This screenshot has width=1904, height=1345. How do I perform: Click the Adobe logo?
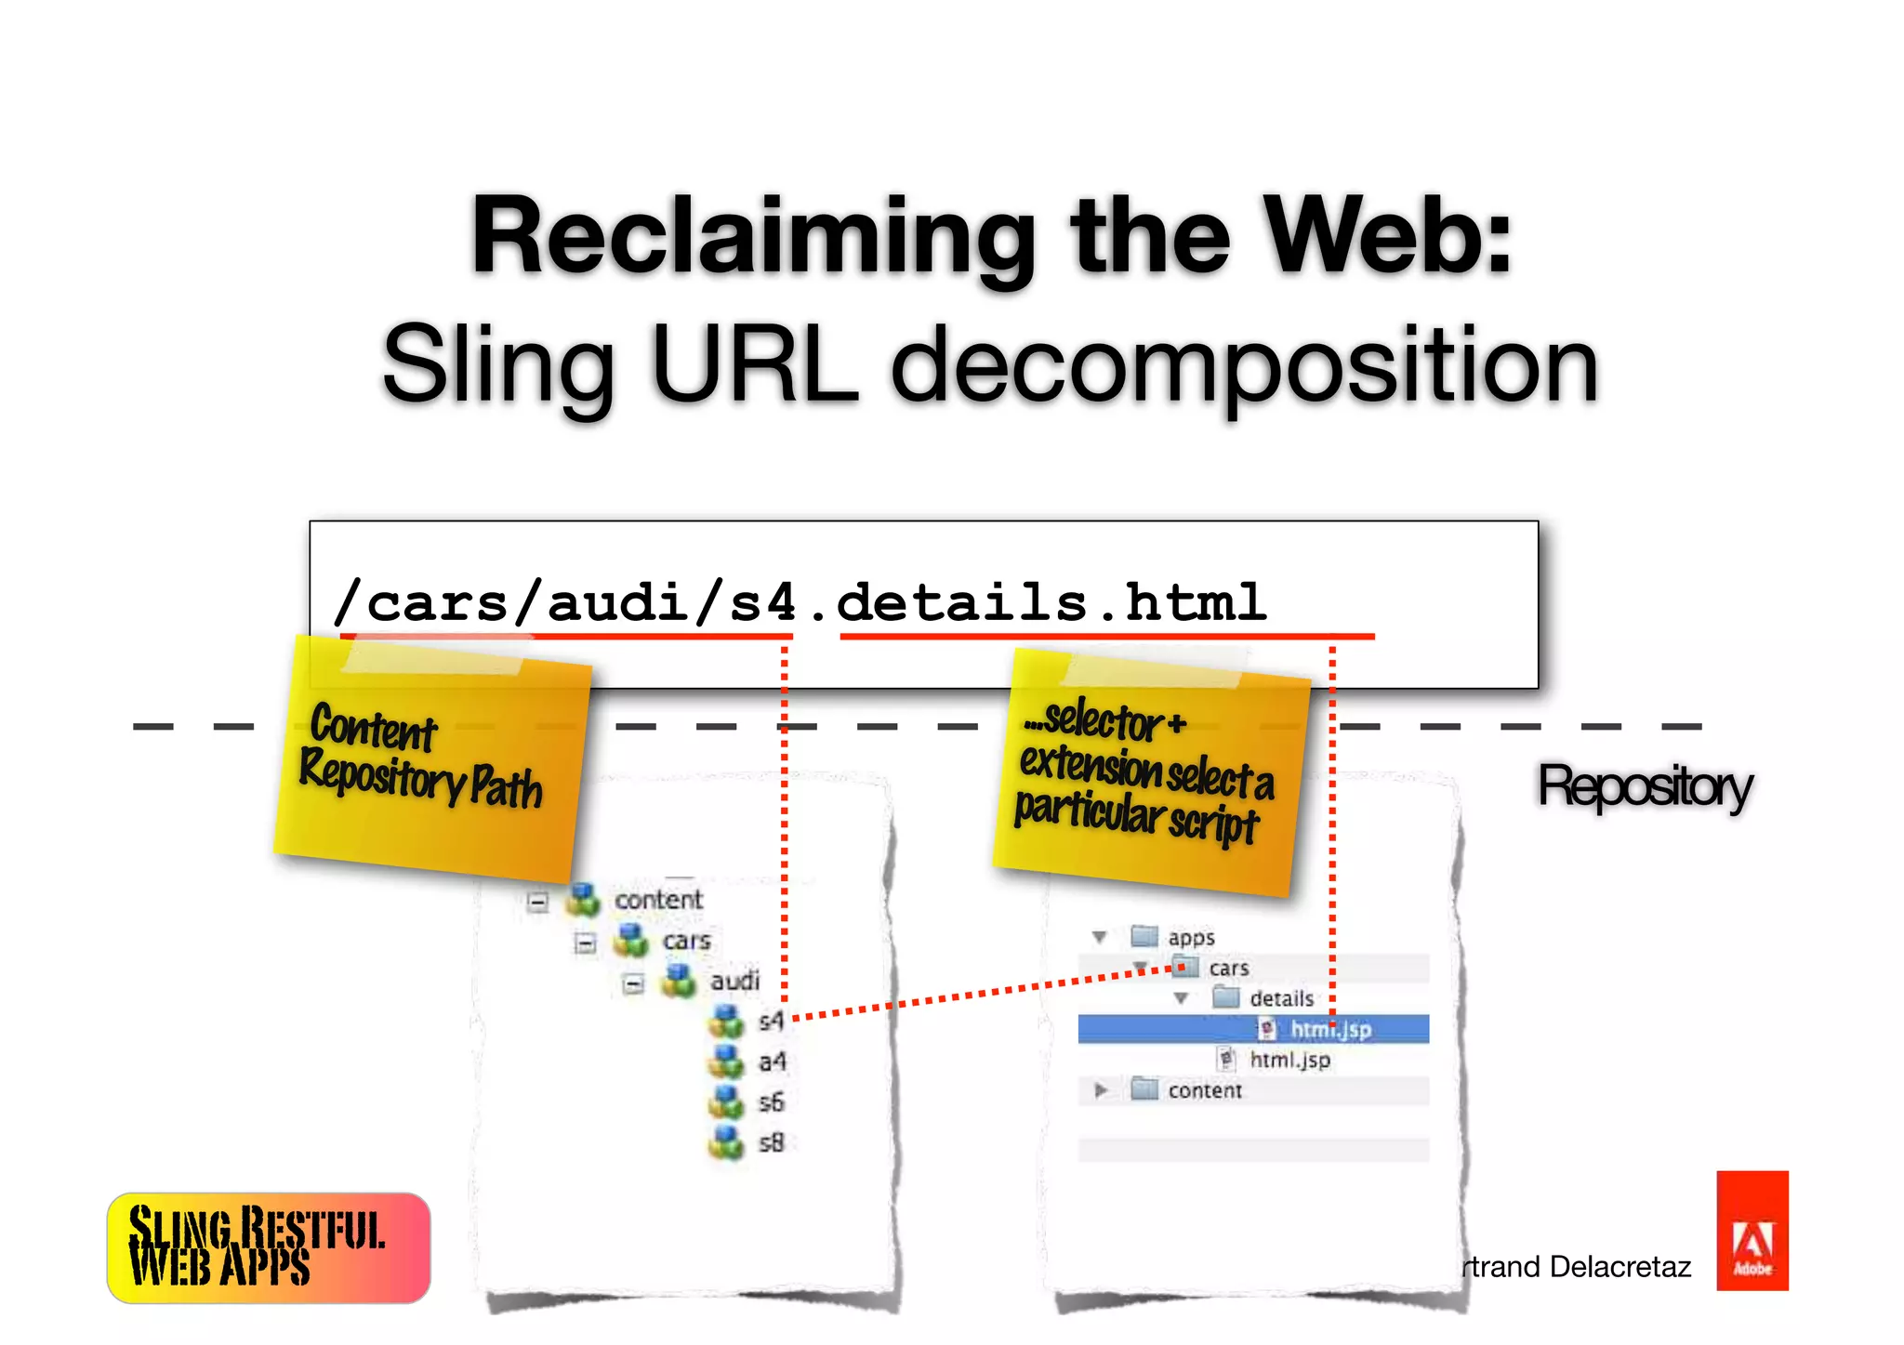point(1752,1230)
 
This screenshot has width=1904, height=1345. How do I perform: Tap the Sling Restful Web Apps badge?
point(269,1247)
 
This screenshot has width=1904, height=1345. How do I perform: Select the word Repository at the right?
point(1644,787)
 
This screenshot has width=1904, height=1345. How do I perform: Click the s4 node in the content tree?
point(771,1022)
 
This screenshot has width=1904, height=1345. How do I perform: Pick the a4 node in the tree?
point(772,1061)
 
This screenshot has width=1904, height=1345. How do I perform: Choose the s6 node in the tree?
point(771,1102)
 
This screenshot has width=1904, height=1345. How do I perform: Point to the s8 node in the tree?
point(771,1142)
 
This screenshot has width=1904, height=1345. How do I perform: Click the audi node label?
point(734,982)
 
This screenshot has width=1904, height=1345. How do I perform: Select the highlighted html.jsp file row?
point(1329,1029)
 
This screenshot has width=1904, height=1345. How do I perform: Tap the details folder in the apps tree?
point(1280,998)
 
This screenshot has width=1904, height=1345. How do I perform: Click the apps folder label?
point(1191,937)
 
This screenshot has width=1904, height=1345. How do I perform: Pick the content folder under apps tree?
point(1204,1090)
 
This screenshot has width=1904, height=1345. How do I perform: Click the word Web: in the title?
point(1391,236)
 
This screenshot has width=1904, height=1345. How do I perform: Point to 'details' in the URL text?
point(961,601)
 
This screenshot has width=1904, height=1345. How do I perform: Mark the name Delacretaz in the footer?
point(1620,1266)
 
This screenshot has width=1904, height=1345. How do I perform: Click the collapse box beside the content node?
point(537,902)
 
